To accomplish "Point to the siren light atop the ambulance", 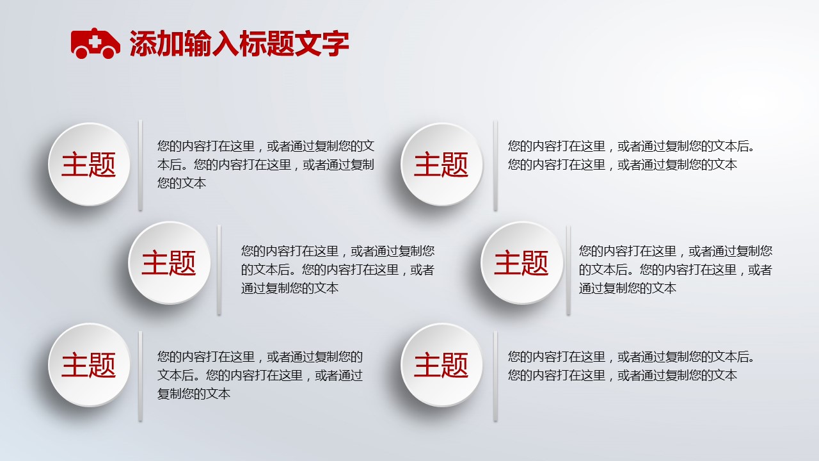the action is [x=94, y=29].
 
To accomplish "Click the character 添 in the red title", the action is [x=143, y=44].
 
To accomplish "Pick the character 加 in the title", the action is [x=170, y=44].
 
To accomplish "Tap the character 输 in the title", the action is [x=198, y=44].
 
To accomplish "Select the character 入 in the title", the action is [x=225, y=44].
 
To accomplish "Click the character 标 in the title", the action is [x=253, y=44].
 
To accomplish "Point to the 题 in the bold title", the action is [x=280, y=44].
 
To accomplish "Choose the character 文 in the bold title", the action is [x=308, y=44].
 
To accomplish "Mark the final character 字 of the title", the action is [x=335, y=44].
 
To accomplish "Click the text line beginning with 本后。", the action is [x=266, y=165].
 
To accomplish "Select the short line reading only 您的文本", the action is [x=182, y=183].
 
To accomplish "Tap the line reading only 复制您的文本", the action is [x=194, y=394].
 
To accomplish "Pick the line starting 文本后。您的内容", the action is [x=260, y=375].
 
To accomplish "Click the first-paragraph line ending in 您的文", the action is [x=266, y=146].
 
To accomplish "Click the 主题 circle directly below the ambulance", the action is [x=89, y=165].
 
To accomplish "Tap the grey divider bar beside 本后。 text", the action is [x=140, y=165].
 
